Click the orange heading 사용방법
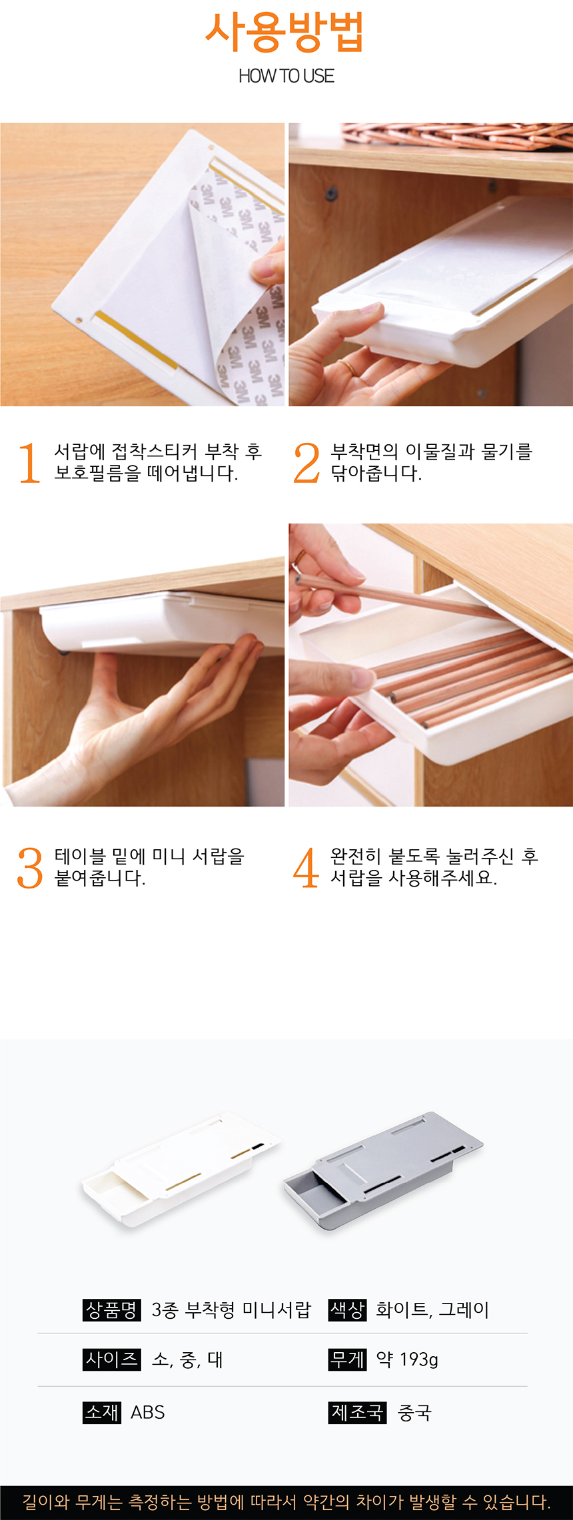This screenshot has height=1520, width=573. pos(285,32)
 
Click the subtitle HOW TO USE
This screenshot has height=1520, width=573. pos(286,76)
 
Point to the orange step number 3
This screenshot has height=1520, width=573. pos(30,867)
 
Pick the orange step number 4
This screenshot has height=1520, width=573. pos(306,867)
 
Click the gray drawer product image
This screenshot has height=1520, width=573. pos(383,1170)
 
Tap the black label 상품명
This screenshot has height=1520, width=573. pos(112,1310)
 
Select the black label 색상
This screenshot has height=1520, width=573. pos(348,1310)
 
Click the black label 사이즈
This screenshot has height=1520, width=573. pos(112,1359)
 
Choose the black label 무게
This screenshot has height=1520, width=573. pos(348,1359)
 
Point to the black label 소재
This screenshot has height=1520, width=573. pos(102,1412)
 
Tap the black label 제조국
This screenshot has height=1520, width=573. pos(358,1412)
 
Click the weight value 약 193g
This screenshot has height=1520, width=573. pos(407,1359)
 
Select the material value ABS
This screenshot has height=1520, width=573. pos(148,1412)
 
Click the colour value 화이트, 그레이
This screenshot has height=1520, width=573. pos(432,1310)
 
